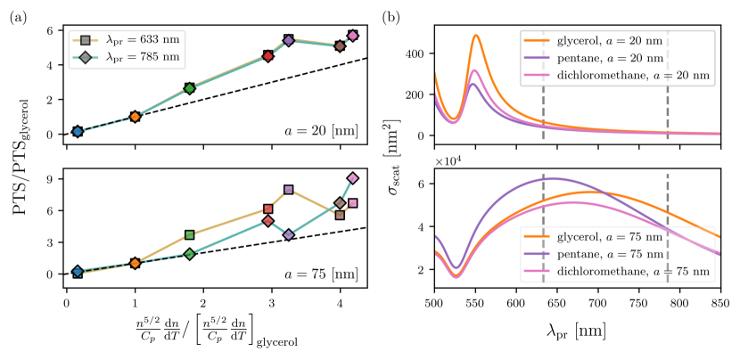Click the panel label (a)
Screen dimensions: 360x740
click(18, 17)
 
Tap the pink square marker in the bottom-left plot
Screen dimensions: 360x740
click(353, 203)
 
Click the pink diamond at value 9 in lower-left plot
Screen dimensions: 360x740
click(353, 178)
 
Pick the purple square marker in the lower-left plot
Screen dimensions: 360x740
click(289, 190)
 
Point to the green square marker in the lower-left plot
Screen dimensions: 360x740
click(190, 235)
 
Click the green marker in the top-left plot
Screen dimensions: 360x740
click(190, 88)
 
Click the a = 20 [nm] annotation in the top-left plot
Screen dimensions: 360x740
click(330, 129)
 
